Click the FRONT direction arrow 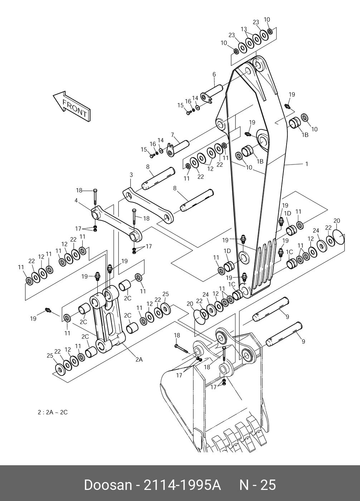click(x=72, y=107)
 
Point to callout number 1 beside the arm click(x=307, y=164)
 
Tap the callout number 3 click(x=131, y=175)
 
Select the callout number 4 click(x=76, y=201)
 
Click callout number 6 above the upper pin click(x=214, y=74)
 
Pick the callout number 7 click(x=172, y=135)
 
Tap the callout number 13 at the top click(x=244, y=29)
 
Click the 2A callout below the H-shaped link click(x=139, y=359)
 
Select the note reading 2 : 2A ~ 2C click(x=53, y=412)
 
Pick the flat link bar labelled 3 click(x=148, y=204)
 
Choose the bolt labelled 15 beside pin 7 click(x=152, y=156)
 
